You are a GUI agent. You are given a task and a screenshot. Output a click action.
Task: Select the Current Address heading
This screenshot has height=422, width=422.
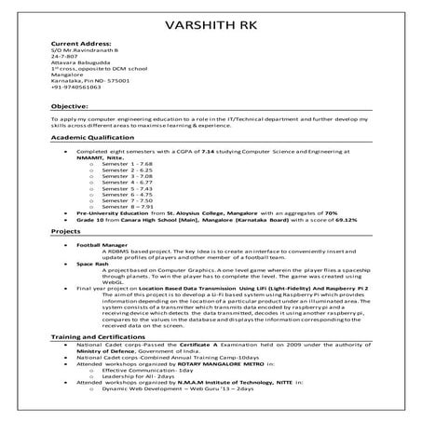(77, 44)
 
